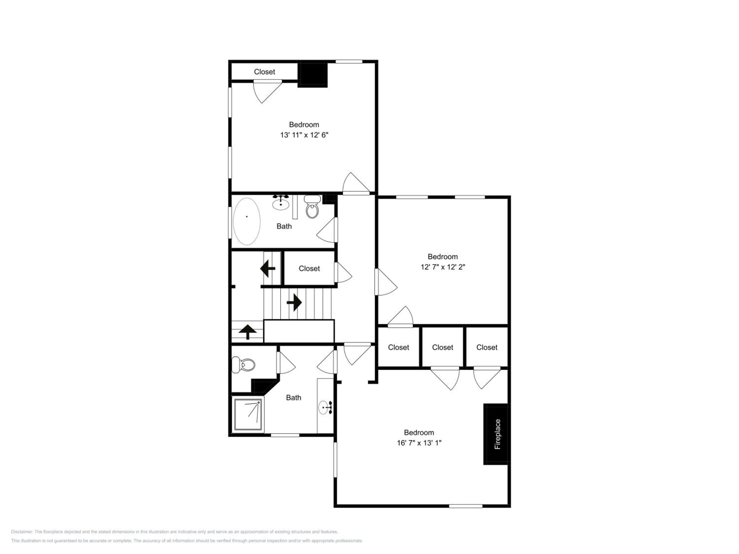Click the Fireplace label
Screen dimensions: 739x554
(x=497, y=434)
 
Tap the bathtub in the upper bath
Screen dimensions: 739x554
(x=247, y=221)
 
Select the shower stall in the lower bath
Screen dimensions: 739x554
(x=248, y=414)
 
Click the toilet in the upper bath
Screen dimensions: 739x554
(x=312, y=206)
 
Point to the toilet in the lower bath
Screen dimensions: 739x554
(x=244, y=365)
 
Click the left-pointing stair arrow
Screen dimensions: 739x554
(x=268, y=268)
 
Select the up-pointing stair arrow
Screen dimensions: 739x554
(x=248, y=332)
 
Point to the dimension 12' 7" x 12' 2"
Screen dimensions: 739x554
(x=443, y=267)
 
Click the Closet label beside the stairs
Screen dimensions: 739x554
(x=309, y=268)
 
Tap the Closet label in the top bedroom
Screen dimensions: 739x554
(x=265, y=72)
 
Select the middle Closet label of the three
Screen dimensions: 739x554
(x=443, y=347)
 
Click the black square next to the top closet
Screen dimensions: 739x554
(x=312, y=75)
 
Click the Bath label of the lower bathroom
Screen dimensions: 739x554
(x=294, y=398)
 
